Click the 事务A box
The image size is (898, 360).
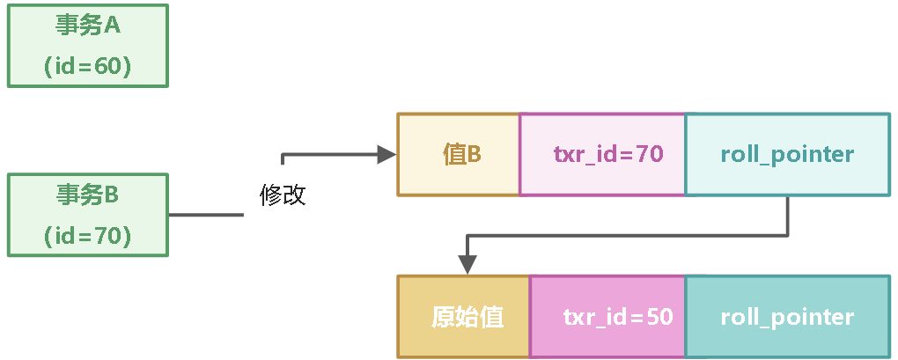(87, 45)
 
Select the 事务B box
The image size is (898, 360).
(87, 215)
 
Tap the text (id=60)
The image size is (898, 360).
(87, 67)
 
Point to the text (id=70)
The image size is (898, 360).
(87, 236)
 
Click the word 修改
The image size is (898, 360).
(283, 195)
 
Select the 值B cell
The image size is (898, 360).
(459, 154)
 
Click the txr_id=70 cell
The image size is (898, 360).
(602, 154)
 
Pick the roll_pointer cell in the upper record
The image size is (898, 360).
(786, 154)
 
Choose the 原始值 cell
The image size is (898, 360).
(464, 317)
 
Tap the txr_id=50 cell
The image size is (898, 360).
(607, 317)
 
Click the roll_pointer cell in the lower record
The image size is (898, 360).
(786, 317)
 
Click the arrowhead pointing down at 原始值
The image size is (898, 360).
(467, 265)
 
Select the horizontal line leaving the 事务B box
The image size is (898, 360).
(205, 215)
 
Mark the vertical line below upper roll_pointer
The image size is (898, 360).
(786, 216)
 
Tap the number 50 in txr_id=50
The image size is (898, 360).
(660, 317)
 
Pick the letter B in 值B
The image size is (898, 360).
(474, 155)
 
